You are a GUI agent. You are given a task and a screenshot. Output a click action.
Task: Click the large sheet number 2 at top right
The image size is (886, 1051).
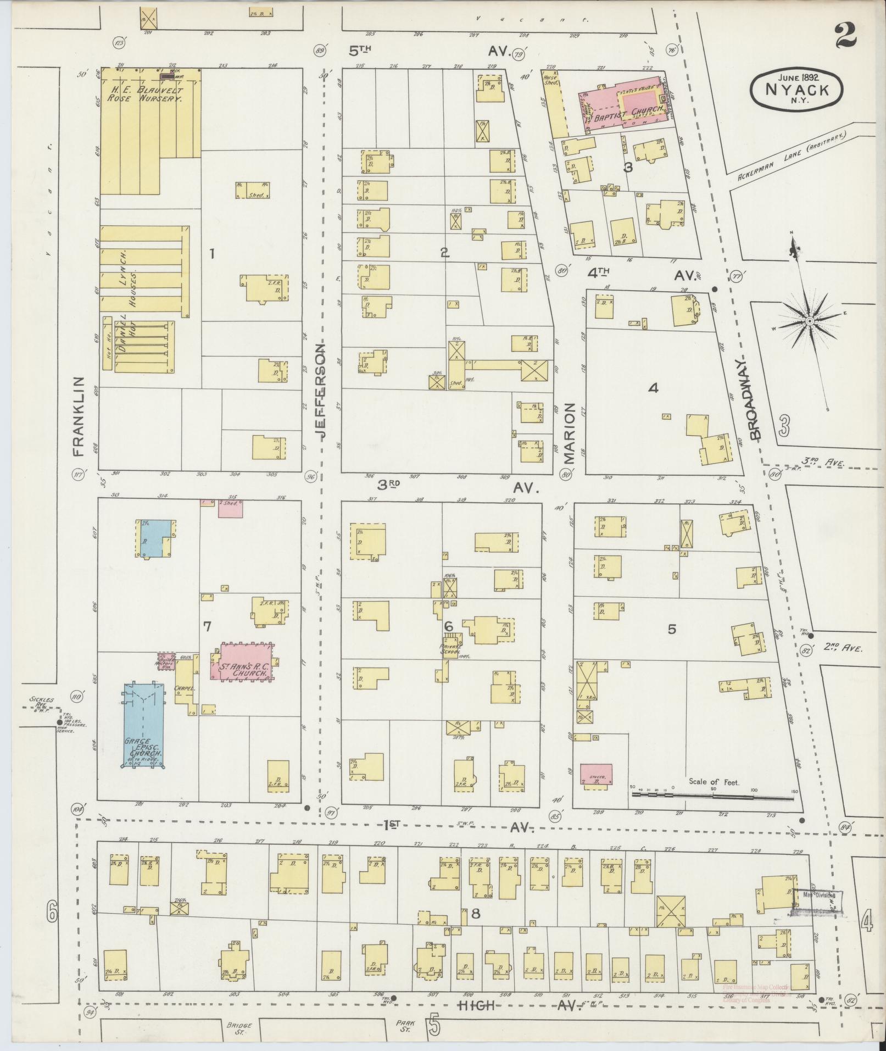click(x=846, y=37)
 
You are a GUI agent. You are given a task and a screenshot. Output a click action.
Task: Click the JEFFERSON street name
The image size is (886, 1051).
click(x=321, y=388)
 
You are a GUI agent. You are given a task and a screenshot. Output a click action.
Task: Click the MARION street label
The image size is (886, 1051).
click(x=569, y=433)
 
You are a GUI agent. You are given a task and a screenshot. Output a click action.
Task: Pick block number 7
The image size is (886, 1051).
click(x=207, y=626)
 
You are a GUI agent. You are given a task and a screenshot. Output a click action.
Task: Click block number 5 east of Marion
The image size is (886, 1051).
click(x=672, y=629)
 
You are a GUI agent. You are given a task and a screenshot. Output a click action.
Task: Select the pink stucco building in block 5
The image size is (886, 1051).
click(x=597, y=772)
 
